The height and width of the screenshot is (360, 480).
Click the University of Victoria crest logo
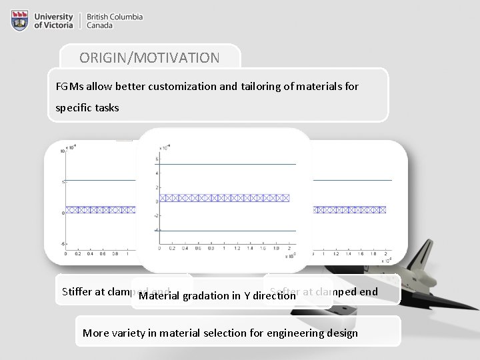tap(20, 21)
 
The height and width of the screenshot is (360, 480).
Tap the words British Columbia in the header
tap(114, 17)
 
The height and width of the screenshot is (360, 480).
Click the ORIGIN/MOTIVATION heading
tap(149, 57)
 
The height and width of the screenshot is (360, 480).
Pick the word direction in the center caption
tap(273, 296)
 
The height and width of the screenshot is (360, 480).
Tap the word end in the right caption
tap(369, 291)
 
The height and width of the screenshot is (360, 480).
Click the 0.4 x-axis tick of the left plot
tap(90, 253)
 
